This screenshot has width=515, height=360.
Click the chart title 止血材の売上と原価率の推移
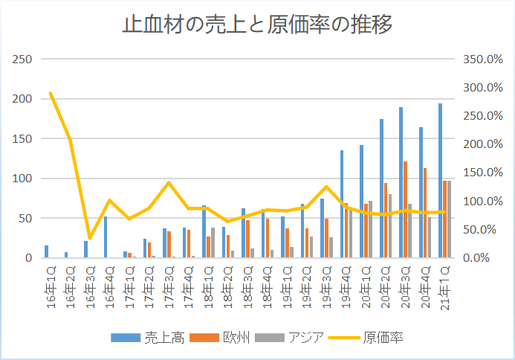click(x=257, y=25)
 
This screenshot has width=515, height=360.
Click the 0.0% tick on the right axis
click(x=479, y=258)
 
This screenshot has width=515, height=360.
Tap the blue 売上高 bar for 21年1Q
click(x=441, y=181)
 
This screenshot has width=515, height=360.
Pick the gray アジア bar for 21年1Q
click(x=449, y=219)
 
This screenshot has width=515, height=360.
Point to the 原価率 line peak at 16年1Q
click(x=51, y=93)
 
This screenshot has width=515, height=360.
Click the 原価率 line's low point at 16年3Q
click(x=89, y=238)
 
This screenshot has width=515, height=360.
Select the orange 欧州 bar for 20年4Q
click(x=425, y=213)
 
